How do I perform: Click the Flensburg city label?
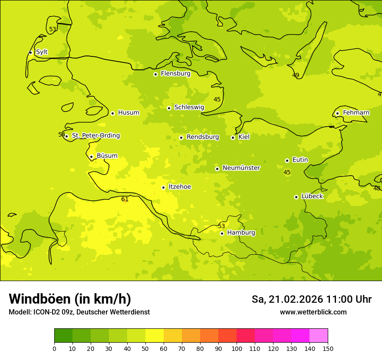tap(175, 74)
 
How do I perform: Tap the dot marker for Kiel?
tap(233, 137)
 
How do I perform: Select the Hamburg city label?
tap(241, 233)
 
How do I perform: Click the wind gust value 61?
tap(125, 200)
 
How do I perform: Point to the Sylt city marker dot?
tap(30, 52)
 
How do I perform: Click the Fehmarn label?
tap(356, 113)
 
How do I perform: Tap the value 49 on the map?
tap(296, 75)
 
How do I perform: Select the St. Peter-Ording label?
tap(95, 136)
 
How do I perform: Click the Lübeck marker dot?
tap(296, 197)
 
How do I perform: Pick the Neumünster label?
tap(241, 168)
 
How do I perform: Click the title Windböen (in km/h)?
tap(70, 299)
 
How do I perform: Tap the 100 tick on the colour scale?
tap(237, 348)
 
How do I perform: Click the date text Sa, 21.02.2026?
tap(287, 299)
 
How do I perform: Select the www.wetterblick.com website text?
tap(313, 312)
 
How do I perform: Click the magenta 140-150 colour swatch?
tap(319, 336)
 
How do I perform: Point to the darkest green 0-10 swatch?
tap(63, 336)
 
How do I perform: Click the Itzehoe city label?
tap(179, 187)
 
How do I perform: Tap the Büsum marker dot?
tap(91, 157)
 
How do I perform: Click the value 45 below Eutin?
tap(287, 173)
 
